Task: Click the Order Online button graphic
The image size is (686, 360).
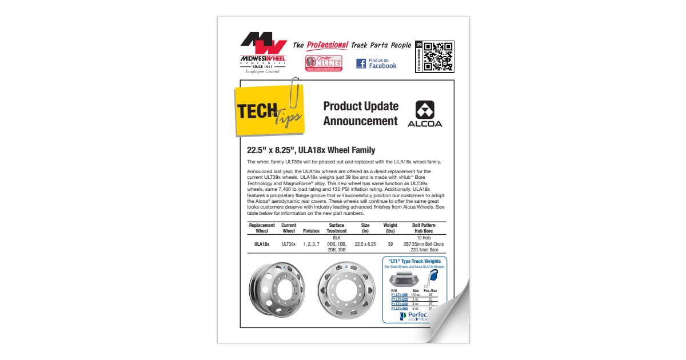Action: point(323,62)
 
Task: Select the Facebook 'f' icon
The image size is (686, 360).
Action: point(361,63)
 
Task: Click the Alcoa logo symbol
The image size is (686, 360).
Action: point(425,110)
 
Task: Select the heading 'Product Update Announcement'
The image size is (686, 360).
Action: point(360,113)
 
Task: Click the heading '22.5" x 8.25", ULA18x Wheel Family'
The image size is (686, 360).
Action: point(311,150)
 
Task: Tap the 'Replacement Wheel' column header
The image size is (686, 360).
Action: point(262,228)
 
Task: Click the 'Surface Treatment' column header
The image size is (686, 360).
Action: point(336,228)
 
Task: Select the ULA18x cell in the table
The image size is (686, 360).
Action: point(262,244)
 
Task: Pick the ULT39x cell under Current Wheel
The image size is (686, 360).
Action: point(289,244)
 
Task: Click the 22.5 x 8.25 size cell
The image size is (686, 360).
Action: point(365,244)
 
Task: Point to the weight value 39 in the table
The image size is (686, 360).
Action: point(390,244)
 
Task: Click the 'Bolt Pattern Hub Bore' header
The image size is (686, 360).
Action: point(424,228)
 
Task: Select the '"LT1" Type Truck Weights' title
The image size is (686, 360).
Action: point(414,261)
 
